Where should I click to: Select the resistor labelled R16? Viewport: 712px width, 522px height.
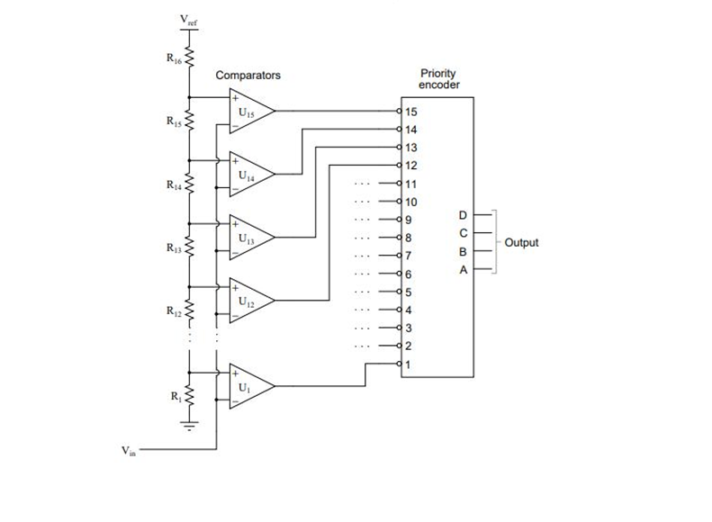coord(189,58)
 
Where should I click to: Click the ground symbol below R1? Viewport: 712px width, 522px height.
coord(189,426)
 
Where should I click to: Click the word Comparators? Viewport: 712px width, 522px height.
coord(248,76)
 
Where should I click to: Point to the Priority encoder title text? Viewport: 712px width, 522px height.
coord(440,78)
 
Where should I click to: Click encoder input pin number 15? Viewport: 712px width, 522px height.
coord(411,112)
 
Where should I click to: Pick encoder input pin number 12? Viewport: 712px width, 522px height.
coord(411,166)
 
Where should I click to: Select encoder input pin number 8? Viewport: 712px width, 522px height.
coord(409,238)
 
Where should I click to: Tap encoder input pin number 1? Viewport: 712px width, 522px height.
coord(409,364)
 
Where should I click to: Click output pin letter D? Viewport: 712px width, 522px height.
coord(463,215)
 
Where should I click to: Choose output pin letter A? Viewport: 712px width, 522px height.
coord(463,269)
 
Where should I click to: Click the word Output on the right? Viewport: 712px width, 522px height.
coord(522,243)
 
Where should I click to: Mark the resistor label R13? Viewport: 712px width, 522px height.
coord(173,246)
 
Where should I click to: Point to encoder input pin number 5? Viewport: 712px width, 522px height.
coord(409,292)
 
